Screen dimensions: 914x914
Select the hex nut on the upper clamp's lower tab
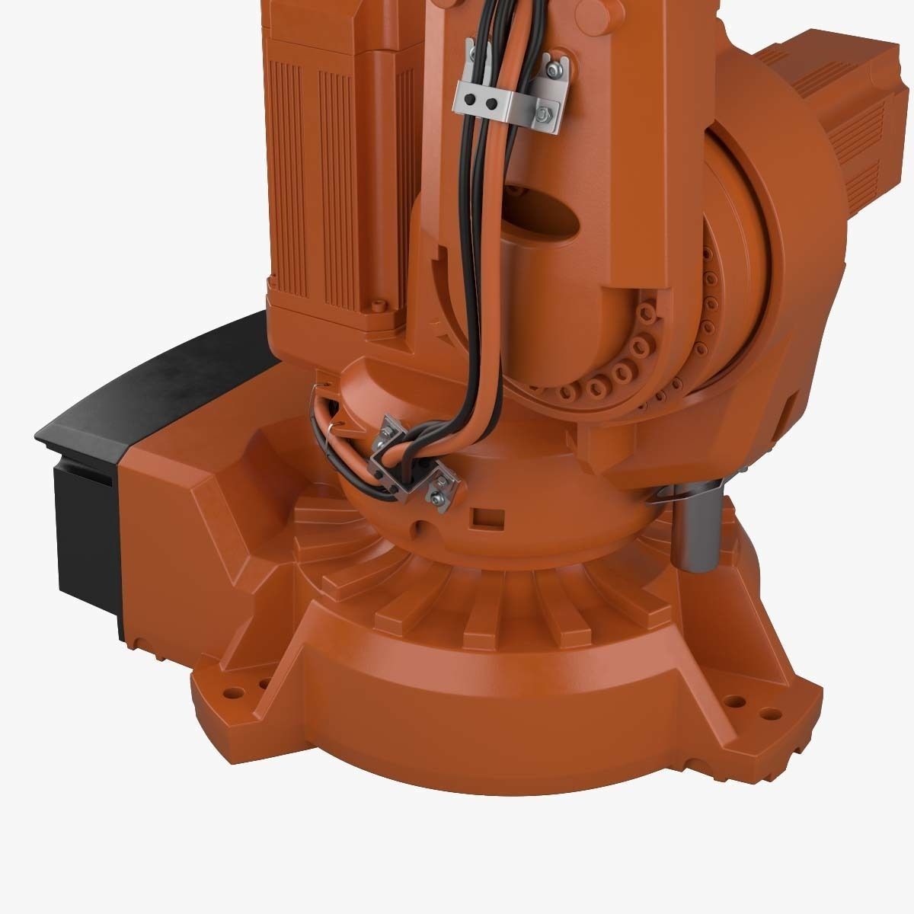coord(543,113)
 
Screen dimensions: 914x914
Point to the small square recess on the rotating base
coord(484,517)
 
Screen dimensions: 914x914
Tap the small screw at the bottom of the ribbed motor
coord(376,306)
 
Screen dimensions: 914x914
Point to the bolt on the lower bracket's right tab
coord(438,497)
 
